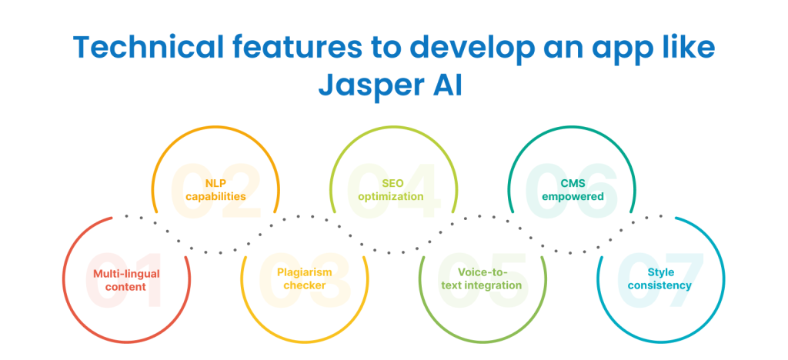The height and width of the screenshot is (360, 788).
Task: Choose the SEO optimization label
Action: point(392,190)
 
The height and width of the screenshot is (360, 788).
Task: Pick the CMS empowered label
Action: point(572,190)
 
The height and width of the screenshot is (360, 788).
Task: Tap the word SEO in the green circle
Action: point(392,184)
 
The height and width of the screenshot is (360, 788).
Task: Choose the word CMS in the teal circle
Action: point(572,184)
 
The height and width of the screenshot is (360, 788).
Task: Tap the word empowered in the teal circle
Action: point(572,197)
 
